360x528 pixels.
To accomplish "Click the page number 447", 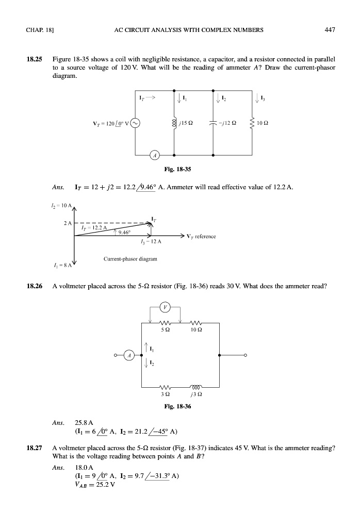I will click(330, 30).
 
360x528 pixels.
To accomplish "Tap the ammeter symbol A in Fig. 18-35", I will click(154, 155).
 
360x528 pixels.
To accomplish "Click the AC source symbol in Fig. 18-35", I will click(135, 123).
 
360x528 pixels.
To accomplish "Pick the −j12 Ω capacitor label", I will click(233, 123).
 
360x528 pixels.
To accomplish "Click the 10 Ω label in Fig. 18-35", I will click(269, 123).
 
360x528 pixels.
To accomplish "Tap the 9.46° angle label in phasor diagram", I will click(124, 232).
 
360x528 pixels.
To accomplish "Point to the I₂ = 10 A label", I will click(52, 205).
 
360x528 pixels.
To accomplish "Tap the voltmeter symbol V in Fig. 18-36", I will click(165, 307).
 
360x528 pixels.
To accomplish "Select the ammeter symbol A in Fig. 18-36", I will click(130, 355).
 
